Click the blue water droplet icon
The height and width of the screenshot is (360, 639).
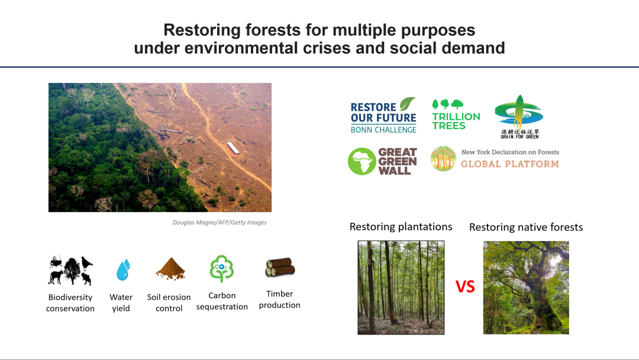[122, 269]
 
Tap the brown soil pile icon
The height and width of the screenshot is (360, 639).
[170, 269]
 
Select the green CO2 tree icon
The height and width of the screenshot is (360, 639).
[222, 269]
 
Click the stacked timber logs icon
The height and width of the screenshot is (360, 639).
[280, 267]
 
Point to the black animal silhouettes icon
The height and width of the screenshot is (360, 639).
[70, 270]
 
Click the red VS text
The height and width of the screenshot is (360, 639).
[465, 287]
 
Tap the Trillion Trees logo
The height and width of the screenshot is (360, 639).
[456, 115]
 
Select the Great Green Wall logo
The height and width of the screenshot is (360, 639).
[382, 162]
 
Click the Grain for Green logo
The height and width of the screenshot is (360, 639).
[519, 117]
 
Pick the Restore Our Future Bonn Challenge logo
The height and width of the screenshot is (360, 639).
[383, 115]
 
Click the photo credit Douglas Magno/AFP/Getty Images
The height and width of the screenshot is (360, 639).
[220, 222]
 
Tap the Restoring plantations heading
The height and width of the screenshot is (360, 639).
[401, 227]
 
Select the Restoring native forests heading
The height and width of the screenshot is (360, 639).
[526, 227]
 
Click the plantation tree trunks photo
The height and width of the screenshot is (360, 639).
[401, 287]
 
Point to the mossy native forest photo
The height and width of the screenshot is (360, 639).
[526, 287]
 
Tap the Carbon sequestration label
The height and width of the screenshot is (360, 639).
[222, 301]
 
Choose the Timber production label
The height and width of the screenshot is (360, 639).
[279, 299]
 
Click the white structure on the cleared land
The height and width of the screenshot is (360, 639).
[233, 147]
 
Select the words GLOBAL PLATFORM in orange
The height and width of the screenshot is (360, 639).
[510, 164]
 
